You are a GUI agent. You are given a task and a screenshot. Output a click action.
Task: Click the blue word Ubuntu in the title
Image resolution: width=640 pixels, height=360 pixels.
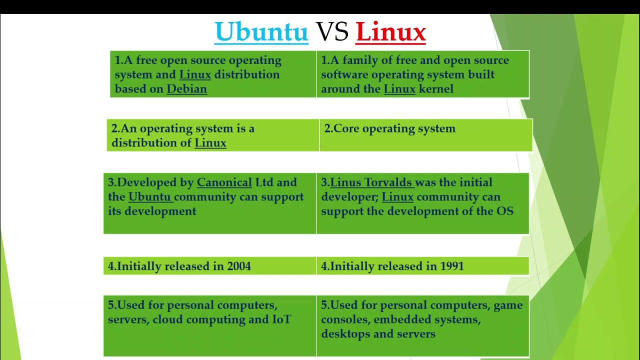click(261, 31)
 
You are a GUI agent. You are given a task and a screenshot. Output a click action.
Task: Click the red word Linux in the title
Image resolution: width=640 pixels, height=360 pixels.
click(390, 31)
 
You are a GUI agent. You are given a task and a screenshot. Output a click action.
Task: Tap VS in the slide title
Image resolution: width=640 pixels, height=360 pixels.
click(332, 31)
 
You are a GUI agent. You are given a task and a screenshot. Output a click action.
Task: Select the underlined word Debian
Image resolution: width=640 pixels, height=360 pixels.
click(186, 89)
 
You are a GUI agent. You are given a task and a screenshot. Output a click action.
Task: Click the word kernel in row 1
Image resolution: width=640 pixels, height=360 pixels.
click(436, 89)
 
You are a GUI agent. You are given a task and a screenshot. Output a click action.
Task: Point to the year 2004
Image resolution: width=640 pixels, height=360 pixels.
click(239, 266)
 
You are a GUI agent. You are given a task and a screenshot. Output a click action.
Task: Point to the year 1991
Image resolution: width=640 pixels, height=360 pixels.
click(452, 266)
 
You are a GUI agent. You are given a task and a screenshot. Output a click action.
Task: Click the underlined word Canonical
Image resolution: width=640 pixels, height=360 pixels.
click(224, 182)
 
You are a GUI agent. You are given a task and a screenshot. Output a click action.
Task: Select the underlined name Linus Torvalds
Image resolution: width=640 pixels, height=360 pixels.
click(371, 182)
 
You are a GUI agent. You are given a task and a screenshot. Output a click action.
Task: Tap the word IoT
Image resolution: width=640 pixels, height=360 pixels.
click(281, 319)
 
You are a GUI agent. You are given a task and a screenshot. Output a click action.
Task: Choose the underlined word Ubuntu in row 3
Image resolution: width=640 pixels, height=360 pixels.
click(150, 197)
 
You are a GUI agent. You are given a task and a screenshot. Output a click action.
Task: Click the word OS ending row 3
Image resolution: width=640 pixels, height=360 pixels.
click(504, 211)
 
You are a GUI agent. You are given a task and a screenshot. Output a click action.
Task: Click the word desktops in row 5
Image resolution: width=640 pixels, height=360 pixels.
click(345, 334)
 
